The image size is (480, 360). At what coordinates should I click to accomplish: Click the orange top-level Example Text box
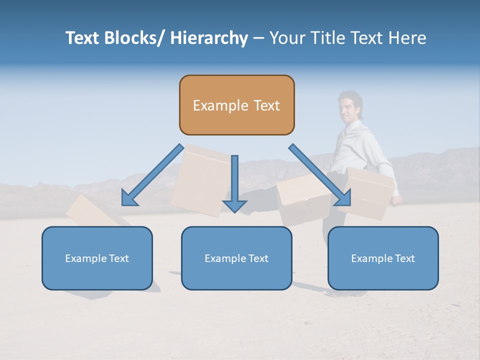coord(236,105)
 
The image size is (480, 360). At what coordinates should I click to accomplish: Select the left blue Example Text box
coord(97,258)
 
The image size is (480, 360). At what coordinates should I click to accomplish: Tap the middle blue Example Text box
coord(236,258)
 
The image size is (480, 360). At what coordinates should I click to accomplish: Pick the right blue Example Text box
coord(383,258)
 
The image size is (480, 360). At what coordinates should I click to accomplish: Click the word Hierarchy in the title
coord(209,38)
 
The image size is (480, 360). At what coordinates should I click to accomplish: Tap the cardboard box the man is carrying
coord(369,192)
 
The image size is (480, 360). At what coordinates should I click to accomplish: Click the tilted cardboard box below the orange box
coord(200,180)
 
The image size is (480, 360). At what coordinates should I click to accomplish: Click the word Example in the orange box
coord(220,105)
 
